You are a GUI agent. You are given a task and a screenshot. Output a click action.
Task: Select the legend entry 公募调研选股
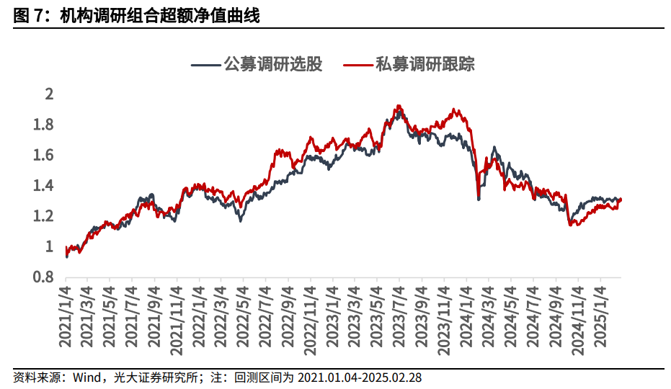point(273,64)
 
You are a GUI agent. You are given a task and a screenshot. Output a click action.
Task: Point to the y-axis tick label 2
point(49,94)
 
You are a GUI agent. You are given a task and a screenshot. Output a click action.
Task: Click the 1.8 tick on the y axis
point(44,125)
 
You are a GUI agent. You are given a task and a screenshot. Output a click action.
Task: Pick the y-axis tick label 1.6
point(44,156)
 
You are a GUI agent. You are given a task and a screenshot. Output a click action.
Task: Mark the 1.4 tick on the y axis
point(44,186)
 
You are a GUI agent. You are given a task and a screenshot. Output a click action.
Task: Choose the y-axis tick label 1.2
point(44,216)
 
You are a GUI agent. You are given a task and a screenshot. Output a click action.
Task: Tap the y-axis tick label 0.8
point(44,277)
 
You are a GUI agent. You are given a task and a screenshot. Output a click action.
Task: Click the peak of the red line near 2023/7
point(398,106)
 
